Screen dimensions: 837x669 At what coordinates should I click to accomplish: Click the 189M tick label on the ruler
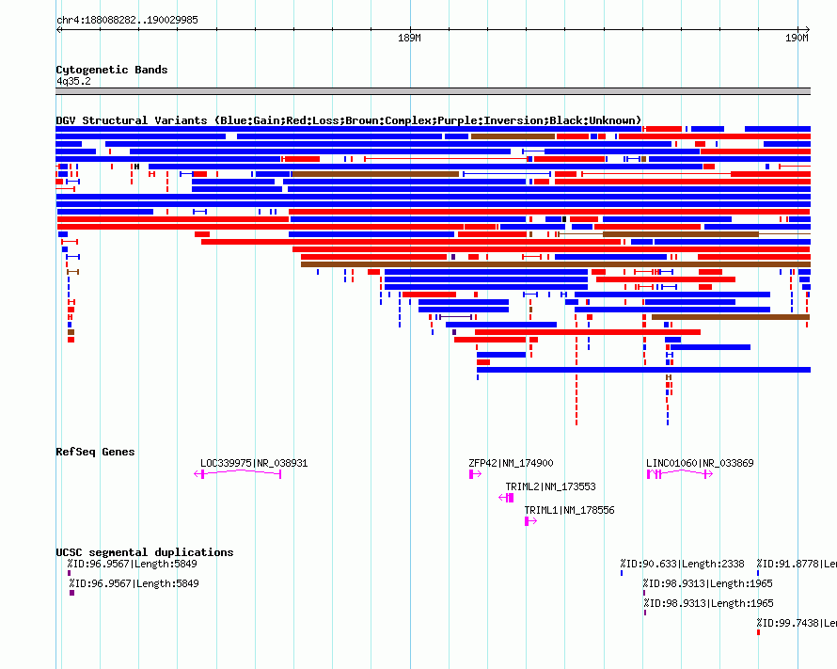(409, 38)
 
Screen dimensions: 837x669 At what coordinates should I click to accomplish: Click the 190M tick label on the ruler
(797, 38)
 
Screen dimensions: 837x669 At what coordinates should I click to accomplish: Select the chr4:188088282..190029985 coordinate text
(127, 21)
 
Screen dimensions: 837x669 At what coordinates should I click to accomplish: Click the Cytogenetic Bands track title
(112, 70)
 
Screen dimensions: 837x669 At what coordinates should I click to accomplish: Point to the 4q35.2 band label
(73, 81)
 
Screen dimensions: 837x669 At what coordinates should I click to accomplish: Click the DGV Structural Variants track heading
(348, 120)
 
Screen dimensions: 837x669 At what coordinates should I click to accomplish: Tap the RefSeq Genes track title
(95, 452)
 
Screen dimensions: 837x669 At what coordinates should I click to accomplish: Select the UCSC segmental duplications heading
(145, 552)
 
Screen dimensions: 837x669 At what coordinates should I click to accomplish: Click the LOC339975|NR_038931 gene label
(254, 463)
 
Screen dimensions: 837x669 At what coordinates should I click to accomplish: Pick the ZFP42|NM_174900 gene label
(511, 463)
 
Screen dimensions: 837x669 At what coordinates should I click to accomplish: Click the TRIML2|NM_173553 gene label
(550, 486)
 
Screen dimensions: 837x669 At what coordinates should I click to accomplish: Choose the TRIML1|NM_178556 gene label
(569, 510)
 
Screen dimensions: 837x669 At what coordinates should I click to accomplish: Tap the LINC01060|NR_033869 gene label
(700, 463)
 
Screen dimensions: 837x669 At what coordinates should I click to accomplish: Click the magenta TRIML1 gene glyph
(530, 521)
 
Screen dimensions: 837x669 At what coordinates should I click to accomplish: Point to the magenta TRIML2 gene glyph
(506, 498)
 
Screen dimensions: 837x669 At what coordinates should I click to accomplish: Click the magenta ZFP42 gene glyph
(475, 474)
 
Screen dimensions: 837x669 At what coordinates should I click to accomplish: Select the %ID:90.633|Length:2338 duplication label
(682, 564)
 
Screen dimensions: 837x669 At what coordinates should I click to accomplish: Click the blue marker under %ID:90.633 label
(622, 573)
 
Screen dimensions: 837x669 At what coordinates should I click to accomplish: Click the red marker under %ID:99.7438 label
(759, 632)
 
